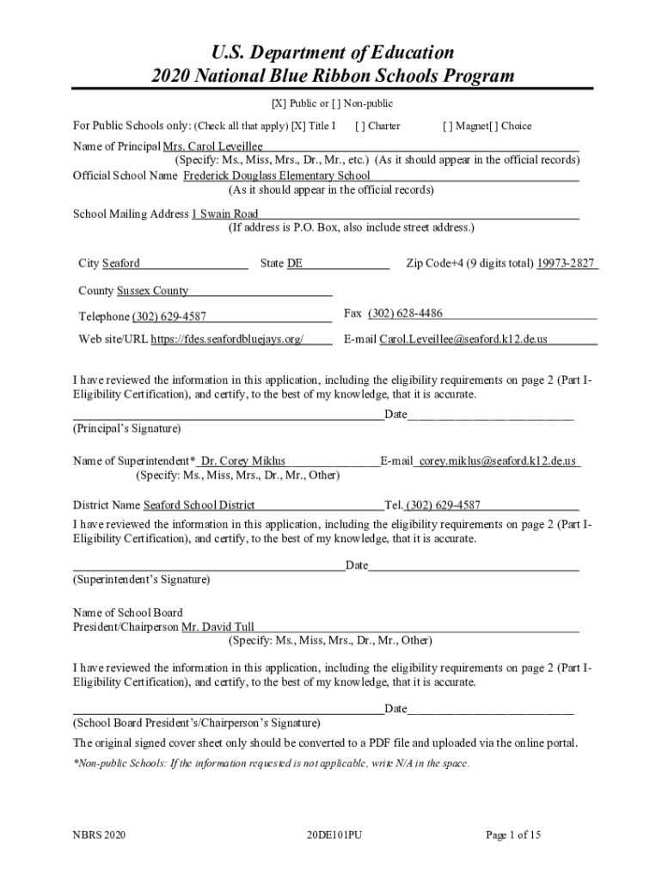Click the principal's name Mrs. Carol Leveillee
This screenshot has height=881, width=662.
(x=212, y=147)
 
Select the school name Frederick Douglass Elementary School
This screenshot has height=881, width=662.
(x=277, y=176)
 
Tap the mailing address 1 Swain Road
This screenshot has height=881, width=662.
(x=224, y=214)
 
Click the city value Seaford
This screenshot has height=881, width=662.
(x=120, y=263)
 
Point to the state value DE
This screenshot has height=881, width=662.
(x=294, y=263)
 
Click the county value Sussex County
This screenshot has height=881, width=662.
(x=152, y=291)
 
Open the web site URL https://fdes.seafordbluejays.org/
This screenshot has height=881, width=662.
(x=227, y=339)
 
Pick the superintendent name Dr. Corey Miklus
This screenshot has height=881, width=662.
(x=243, y=461)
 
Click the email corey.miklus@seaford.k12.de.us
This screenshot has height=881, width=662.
(x=497, y=461)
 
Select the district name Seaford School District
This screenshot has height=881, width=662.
(x=199, y=505)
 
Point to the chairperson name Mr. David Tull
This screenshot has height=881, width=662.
(x=218, y=627)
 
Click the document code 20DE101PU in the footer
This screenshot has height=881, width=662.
(x=333, y=835)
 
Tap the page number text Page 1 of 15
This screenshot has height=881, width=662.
(x=513, y=835)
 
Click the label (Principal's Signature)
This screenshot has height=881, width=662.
(x=126, y=428)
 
